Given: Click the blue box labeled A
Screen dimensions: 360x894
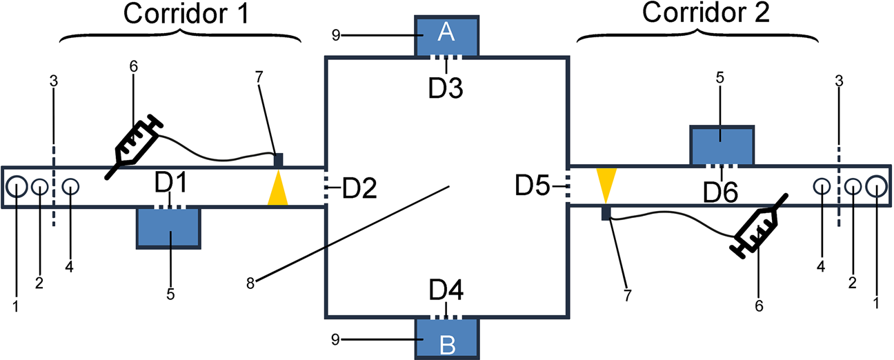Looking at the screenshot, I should [446, 34].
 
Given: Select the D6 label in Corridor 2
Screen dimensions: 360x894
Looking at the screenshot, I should [722, 190].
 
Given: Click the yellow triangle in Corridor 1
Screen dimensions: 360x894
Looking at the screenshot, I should [277, 190].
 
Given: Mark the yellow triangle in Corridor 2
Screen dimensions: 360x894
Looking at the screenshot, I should [606, 182].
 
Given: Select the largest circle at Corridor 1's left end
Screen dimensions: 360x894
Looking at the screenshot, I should [17, 186].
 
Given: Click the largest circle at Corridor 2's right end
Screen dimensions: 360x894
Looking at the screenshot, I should [876, 186].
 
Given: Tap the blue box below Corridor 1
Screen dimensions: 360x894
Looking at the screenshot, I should [168, 228].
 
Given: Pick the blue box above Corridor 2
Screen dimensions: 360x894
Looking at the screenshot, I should [722, 145].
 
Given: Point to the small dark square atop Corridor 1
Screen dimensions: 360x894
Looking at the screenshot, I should [279, 159].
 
